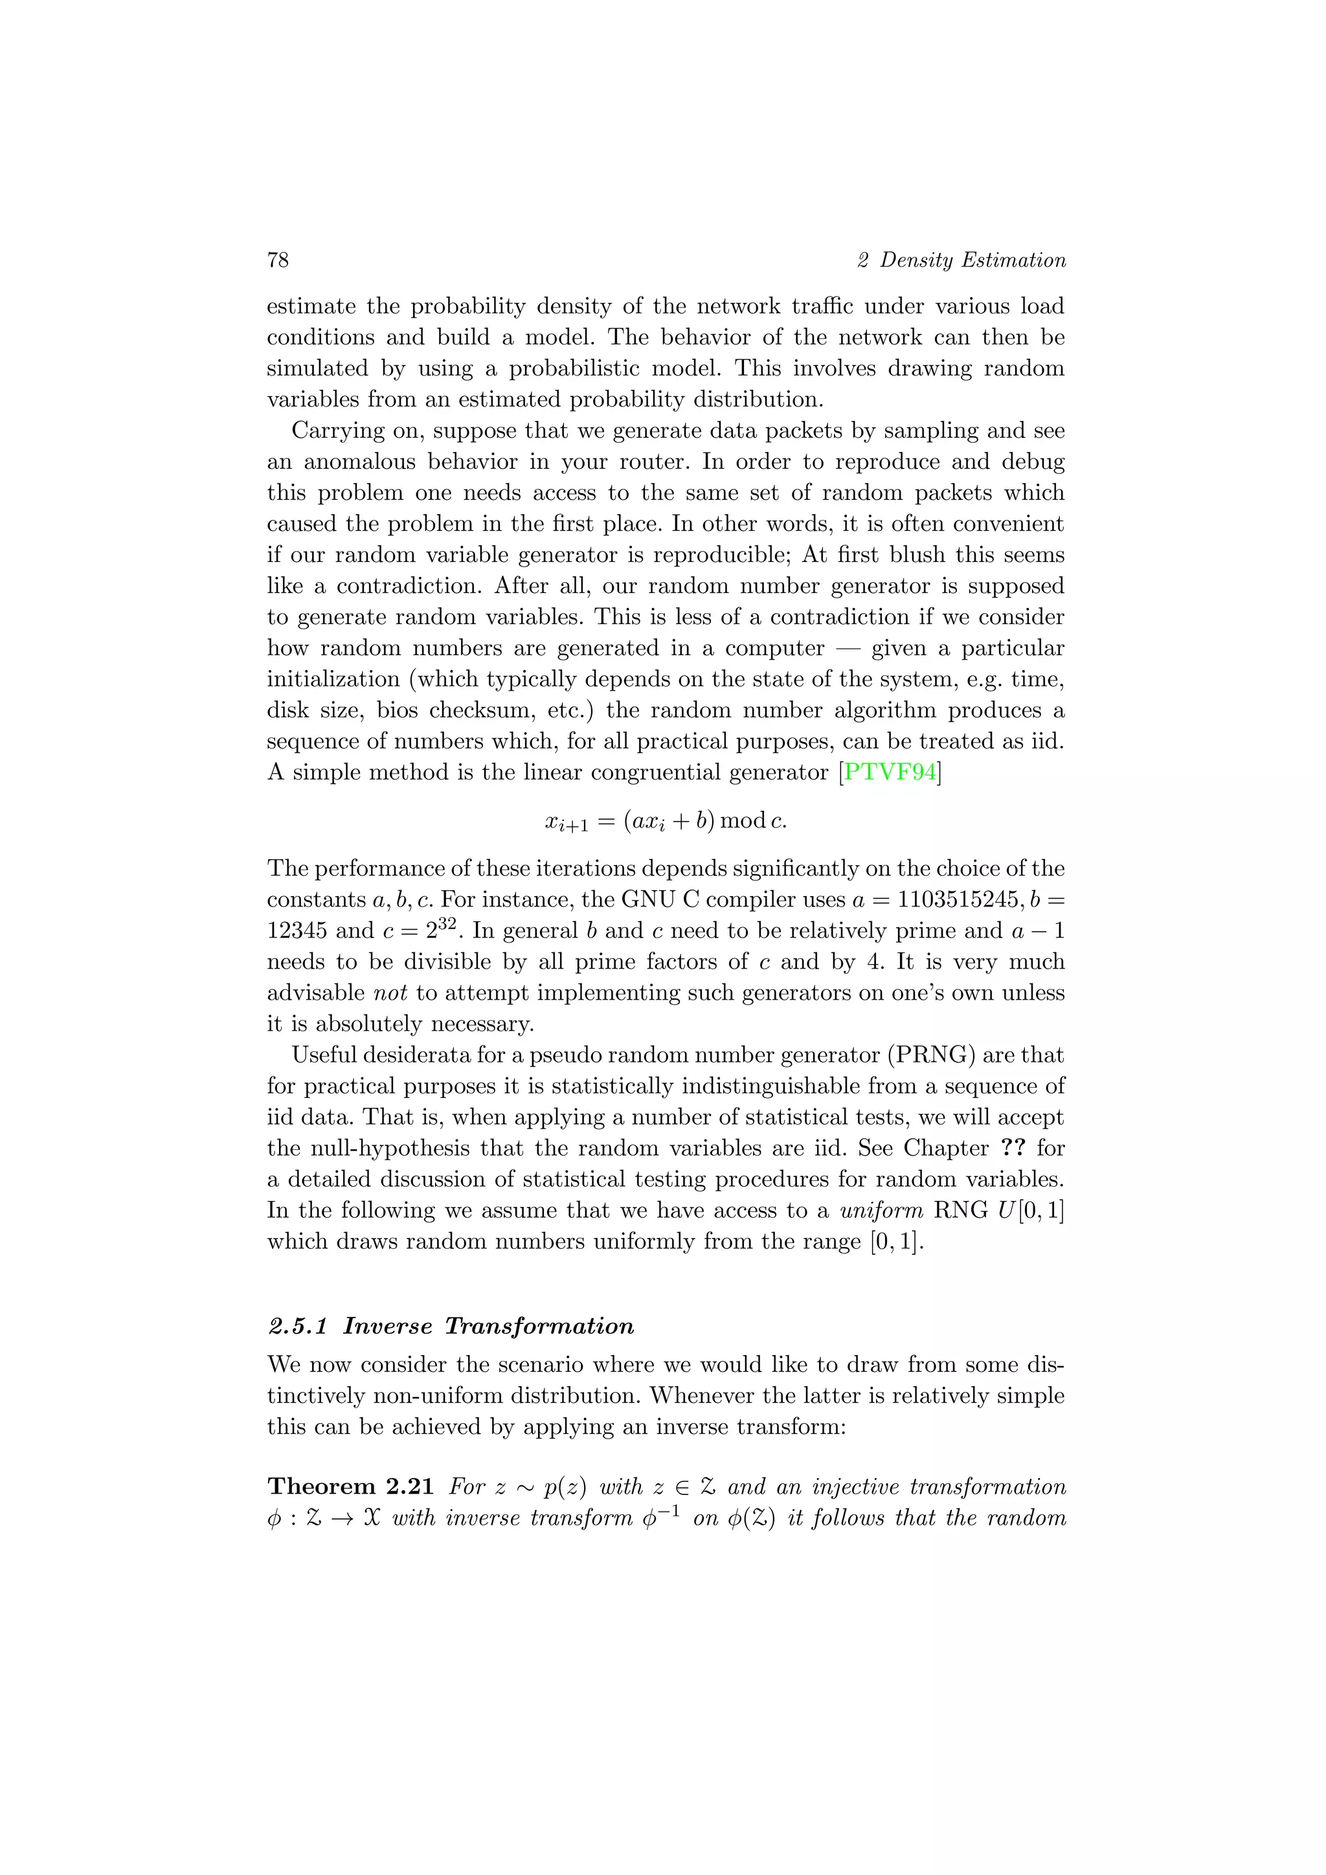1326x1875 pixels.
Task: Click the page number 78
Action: [x=278, y=260]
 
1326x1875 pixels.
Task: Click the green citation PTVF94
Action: [x=889, y=772]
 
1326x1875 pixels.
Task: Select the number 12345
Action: [x=297, y=930]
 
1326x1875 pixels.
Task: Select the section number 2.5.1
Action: [x=297, y=1325]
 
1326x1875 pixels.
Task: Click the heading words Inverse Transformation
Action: [x=488, y=1325]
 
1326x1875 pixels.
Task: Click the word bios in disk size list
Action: [x=397, y=710]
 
